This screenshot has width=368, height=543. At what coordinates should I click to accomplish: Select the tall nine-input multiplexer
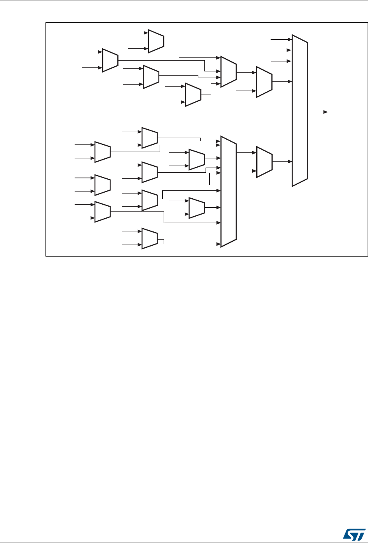[229, 192]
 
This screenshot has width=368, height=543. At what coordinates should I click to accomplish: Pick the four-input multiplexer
[229, 71]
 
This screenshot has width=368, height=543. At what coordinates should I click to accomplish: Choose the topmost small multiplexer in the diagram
[156, 41]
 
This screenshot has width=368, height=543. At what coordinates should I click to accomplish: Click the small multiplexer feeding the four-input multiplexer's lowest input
[193, 95]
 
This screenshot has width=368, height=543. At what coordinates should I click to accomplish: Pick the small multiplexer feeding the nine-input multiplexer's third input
[197, 159]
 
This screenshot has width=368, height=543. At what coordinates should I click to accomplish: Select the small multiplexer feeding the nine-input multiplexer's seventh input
[197, 207]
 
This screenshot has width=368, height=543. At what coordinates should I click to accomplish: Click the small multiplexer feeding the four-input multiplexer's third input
[151, 77]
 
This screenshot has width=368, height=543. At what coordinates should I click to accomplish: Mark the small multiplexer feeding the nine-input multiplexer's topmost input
[150, 138]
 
